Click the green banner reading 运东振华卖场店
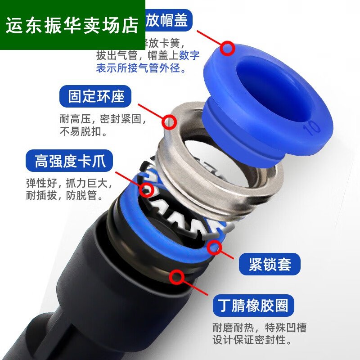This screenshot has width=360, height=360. coord(72,25)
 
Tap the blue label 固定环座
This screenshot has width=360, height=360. coord(96,97)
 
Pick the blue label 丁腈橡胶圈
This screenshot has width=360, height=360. coord(255,306)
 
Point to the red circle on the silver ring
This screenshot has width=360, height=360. coord(169,121)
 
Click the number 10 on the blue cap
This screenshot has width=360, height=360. coord(311,127)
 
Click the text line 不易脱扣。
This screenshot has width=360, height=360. coord(83,132)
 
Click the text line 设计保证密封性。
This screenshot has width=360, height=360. coord(252,339)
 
